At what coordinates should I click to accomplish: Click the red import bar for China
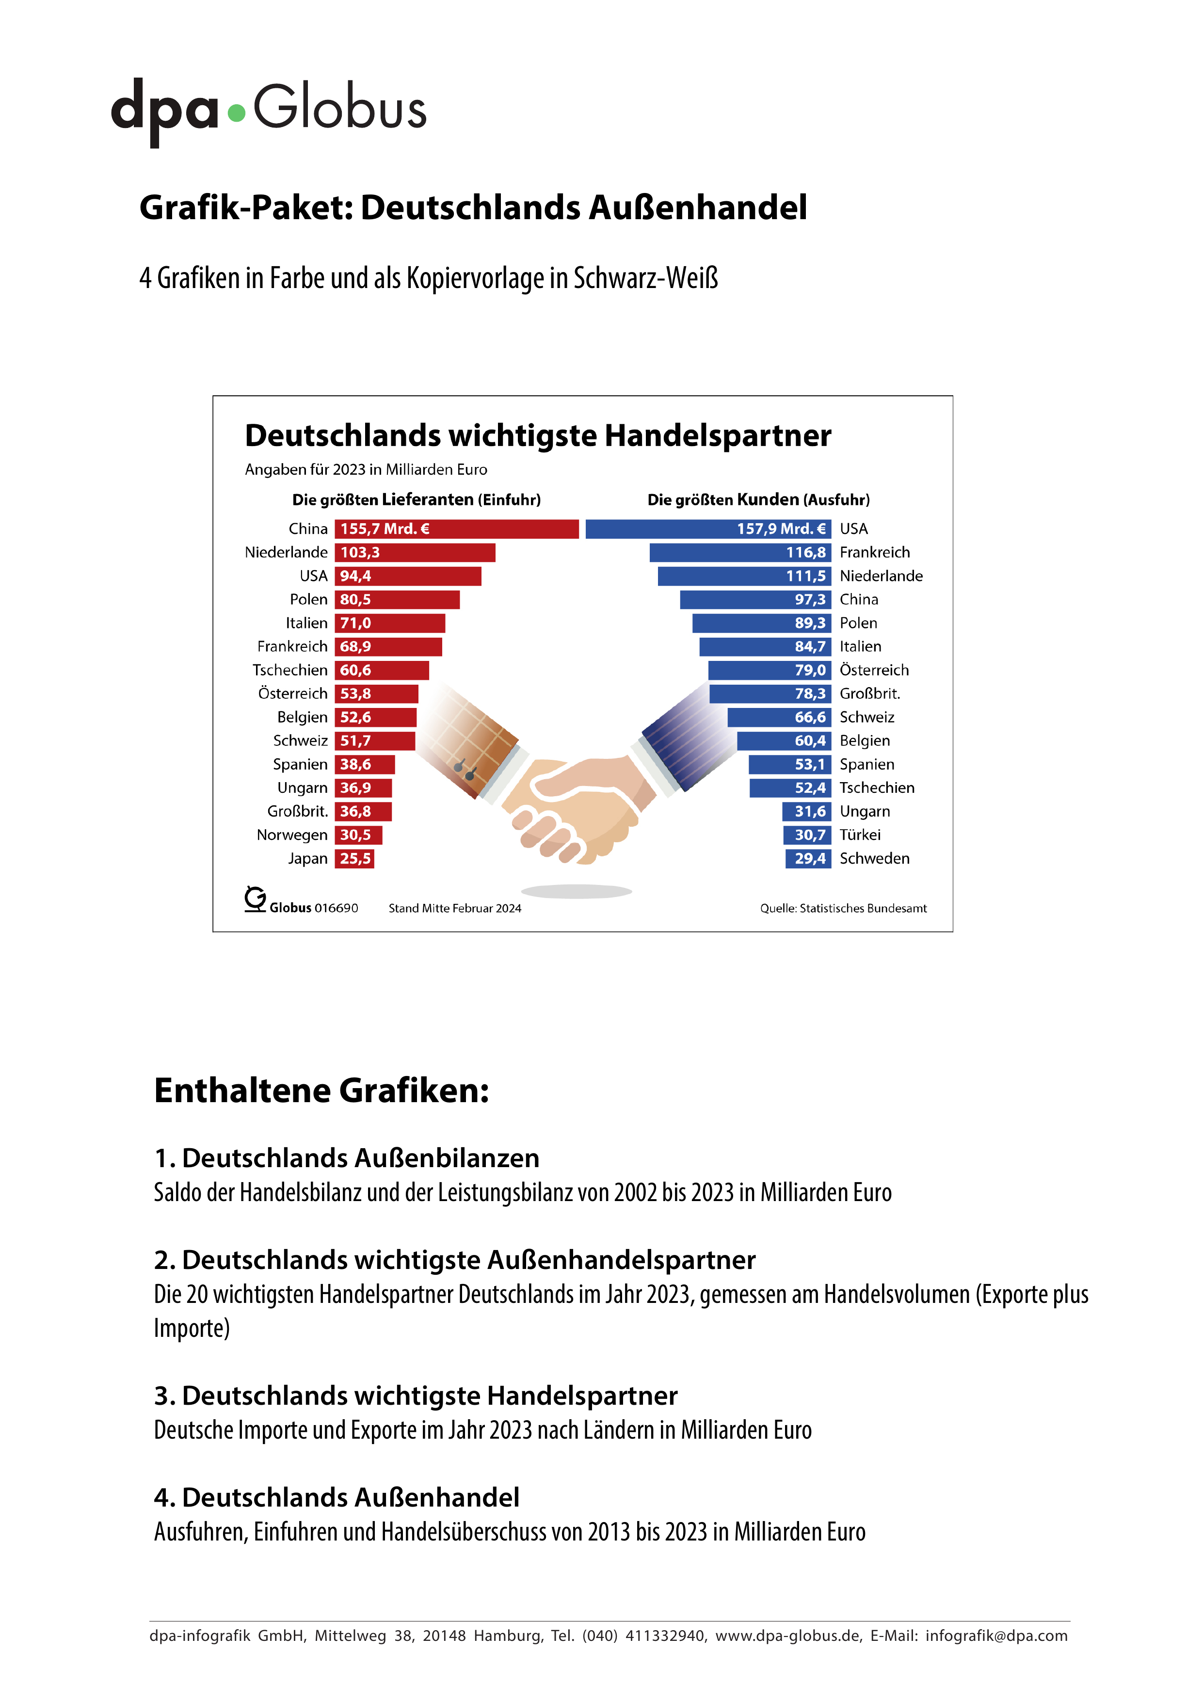pyautogui.click(x=456, y=529)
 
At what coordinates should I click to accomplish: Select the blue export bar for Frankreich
pyautogui.click(x=740, y=553)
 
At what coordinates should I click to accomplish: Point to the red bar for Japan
pyautogui.click(x=354, y=859)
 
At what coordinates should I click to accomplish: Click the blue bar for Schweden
pyautogui.click(x=808, y=859)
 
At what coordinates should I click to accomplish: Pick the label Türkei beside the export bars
pyautogui.click(x=860, y=835)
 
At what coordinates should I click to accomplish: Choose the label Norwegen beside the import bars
pyautogui.click(x=292, y=835)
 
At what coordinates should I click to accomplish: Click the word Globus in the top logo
pyautogui.click(x=340, y=108)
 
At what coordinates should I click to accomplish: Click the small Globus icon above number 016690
pyautogui.click(x=255, y=899)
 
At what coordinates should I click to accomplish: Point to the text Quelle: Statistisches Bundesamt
pyautogui.click(x=843, y=908)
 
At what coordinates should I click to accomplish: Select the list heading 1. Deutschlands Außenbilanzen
pyautogui.click(x=347, y=1158)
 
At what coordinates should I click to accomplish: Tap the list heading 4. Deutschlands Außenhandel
pyautogui.click(x=337, y=1497)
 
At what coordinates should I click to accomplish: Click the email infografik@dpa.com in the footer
pyautogui.click(x=996, y=1636)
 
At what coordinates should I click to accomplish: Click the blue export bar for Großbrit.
pyautogui.click(x=770, y=694)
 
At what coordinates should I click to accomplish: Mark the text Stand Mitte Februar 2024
pyautogui.click(x=455, y=908)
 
